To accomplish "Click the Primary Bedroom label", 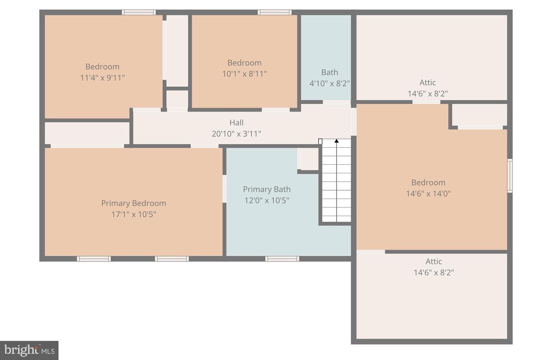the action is [x=133, y=203].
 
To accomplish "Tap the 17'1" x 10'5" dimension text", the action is [x=133, y=214].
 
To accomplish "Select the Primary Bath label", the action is [x=267, y=189].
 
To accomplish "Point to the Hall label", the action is [x=236, y=122].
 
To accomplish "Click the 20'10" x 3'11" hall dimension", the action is [x=236, y=134].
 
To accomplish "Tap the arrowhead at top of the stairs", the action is [x=337, y=141].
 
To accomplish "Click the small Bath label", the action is [x=330, y=72].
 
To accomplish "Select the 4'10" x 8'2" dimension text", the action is [x=330, y=84].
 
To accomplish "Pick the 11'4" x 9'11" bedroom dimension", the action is [x=102, y=78].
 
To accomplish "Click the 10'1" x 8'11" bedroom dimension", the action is [x=245, y=74].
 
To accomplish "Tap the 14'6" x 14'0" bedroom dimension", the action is [x=428, y=194].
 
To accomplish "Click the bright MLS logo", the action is [x=29, y=350].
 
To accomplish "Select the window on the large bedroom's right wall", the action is [x=509, y=176].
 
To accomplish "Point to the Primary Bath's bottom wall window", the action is [x=282, y=259].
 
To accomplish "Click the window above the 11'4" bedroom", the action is [x=139, y=12].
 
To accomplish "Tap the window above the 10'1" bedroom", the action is [x=274, y=12].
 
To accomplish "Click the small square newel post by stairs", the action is [x=320, y=141].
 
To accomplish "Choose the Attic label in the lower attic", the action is [x=434, y=261].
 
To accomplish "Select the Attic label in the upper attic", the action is [x=427, y=82].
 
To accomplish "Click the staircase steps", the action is [x=337, y=180].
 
